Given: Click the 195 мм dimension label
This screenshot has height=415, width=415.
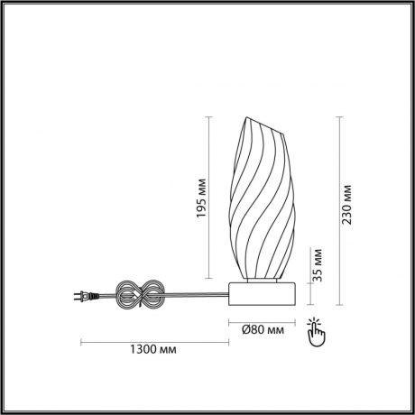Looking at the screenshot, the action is point(201,198).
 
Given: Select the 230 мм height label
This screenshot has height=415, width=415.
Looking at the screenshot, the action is point(346,205).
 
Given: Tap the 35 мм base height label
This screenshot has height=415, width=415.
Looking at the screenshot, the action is point(317,265).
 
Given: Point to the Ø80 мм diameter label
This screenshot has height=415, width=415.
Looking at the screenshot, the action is point(263,330).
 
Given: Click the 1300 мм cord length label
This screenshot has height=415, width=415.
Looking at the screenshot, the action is point(153,349).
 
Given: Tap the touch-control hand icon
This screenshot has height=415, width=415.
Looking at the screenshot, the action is point(316,331).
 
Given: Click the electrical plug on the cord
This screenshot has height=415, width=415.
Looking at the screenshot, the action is point(87,296).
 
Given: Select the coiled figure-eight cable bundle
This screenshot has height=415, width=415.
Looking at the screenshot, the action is point(141,295).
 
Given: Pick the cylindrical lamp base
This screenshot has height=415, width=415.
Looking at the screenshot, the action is point(262,294).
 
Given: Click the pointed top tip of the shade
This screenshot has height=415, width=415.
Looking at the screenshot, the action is point(246,117).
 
